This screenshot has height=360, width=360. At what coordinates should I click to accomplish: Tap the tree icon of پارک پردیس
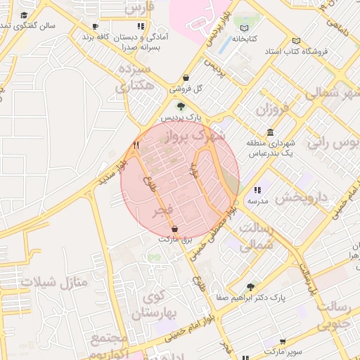point(181,107)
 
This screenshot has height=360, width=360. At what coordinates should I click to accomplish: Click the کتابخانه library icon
point(244,39)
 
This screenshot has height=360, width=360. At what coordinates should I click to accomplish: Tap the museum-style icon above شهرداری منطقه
point(271,133)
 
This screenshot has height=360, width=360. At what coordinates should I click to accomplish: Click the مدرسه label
point(257,201)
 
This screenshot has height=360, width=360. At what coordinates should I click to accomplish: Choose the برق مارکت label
point(174,240)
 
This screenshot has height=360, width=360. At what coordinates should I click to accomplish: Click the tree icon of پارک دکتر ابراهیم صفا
point(250,287)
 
